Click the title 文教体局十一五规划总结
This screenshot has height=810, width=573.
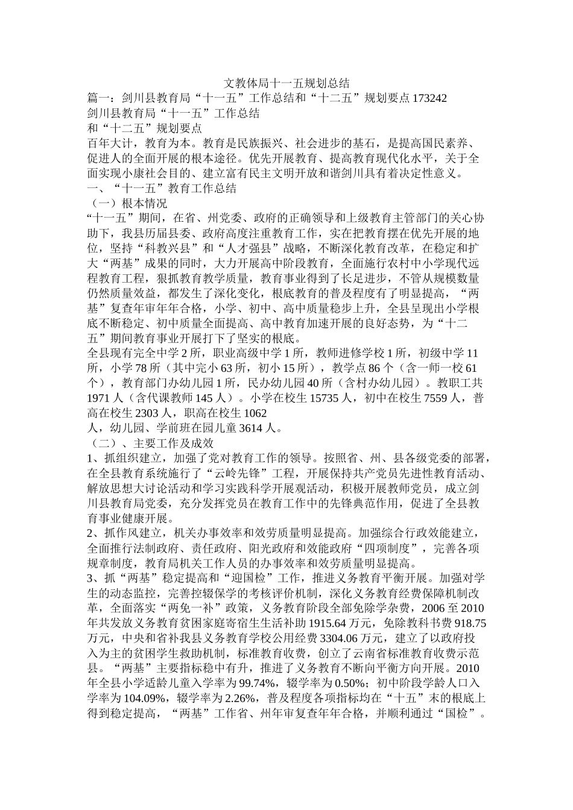286,83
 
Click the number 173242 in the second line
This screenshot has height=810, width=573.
430,98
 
